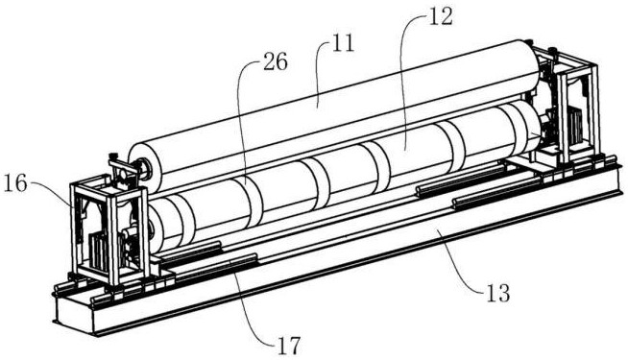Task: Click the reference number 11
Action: [343, 43]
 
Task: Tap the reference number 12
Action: [440, 16]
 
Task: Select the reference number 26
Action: [276, 62]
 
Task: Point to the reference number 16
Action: [14, 183]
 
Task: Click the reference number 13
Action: [497, 293]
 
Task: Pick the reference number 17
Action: [289, 346]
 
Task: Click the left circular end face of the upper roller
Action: [140, 169]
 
